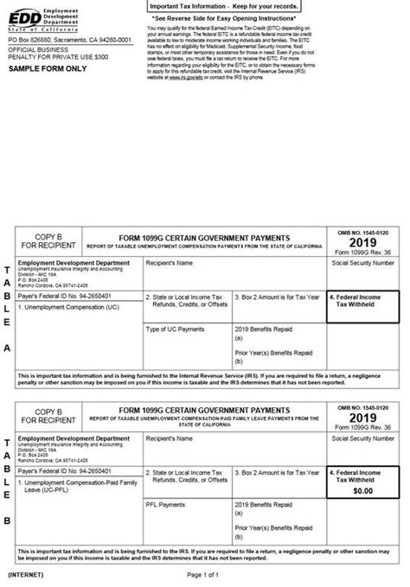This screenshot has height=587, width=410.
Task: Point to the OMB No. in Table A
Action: coord(363,233)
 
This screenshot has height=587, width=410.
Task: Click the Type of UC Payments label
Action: coord(177,329)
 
